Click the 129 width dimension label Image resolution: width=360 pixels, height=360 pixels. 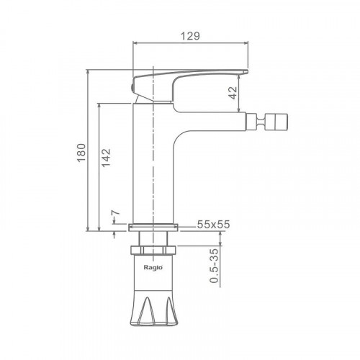tap(190, 36)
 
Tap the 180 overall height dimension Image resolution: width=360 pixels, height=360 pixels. tap(81, 153)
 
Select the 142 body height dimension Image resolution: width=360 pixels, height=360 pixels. tap(106, 158)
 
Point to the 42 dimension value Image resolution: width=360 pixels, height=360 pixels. tap(233, 93)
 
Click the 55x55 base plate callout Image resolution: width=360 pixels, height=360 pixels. tap(213, 224)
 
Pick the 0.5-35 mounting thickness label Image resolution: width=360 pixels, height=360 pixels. tap(214, 266)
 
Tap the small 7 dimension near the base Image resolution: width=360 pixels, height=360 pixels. tap(116, 212)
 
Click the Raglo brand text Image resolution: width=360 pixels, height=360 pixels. tap(153, 267)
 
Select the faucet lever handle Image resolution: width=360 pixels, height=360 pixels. tap(189, 84)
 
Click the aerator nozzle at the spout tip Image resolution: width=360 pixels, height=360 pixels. tap(266, 122)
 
